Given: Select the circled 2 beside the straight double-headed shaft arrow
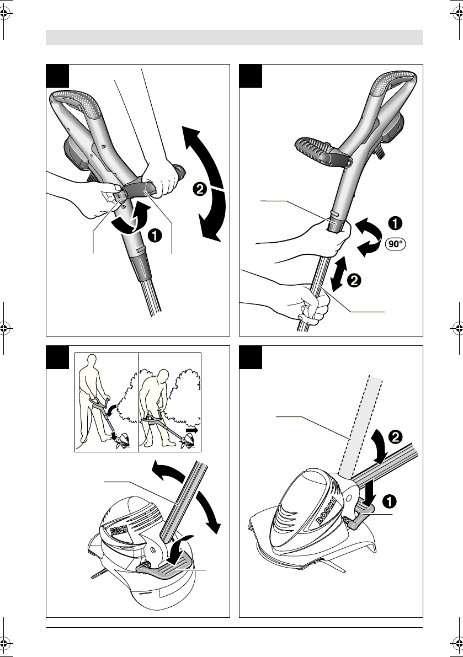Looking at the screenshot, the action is (354, 280).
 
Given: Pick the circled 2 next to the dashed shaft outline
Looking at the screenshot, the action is (395, 437).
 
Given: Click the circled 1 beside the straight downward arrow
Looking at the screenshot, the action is (390, 501).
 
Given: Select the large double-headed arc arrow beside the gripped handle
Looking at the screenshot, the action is (205, 182).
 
